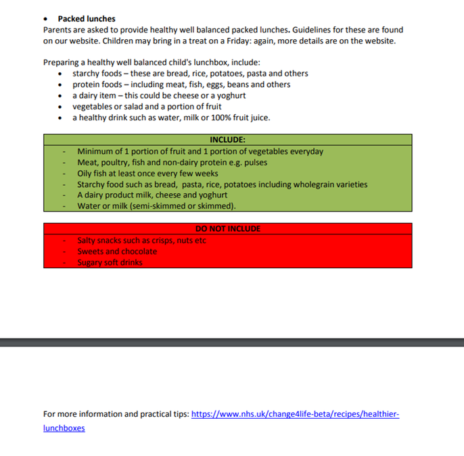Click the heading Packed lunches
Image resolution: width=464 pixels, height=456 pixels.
click(87, 19)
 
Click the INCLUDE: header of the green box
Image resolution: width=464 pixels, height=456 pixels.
click(227, 140)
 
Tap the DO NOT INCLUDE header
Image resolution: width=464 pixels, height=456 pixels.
click(227, 229)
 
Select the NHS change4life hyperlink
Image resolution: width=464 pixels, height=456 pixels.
click(295, 414)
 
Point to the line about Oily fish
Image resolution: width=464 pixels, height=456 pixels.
click(147, 173)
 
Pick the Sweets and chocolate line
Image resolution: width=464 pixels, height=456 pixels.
click(117, 251)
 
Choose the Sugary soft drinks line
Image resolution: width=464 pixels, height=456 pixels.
click(110, 262)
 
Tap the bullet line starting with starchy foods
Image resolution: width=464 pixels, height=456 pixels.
click(190, 74)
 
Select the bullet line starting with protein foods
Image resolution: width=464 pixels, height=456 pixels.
click(181, 84)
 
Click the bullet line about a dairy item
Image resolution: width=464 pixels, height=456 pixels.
click(159, 95)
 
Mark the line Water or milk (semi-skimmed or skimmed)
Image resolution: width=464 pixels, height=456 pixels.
click(156, 205)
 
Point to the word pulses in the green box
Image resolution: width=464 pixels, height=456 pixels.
click(255, 162)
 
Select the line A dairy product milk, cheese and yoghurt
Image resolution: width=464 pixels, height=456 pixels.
click(152, 195)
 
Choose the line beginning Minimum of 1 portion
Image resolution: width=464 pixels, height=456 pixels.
click(200, 151)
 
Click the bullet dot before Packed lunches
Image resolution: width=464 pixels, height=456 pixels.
click(46, 19)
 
